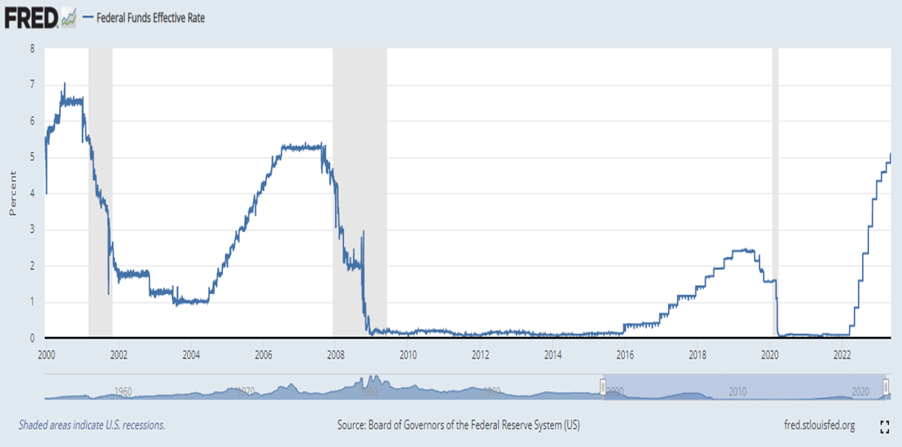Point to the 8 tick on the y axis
(x=32, y=49)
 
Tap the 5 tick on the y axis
(x=32, y=157)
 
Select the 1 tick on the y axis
(x=32, y=302)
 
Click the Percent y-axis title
(x=13, y=194)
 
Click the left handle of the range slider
(x=602, y=386)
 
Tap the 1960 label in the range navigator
(x=123, y=391)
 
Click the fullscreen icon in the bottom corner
(x=883, y=427)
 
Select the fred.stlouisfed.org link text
(x=818, y=426)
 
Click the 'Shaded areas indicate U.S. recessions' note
(x=92, y=426)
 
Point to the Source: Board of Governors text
(x=458, y=426)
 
